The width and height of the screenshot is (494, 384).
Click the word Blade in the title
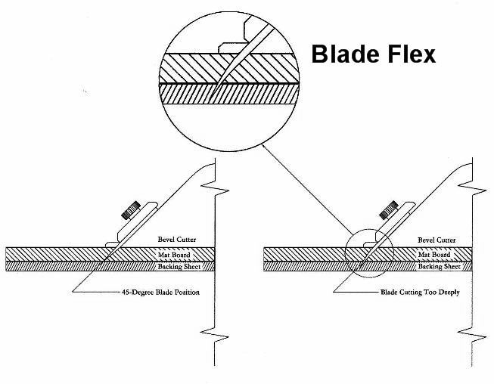pyautogui.click(x=346, y=54)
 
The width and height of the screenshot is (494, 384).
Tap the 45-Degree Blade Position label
pyautogui.click(x=160, y=293)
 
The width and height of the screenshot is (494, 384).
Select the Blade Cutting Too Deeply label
pyautogui.click(x=420, y=293)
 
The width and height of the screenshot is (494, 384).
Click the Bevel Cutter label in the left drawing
pyautogui.click(x=177, y=239)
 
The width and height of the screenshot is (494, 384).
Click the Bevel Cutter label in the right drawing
pyautogui.click(x=437, y=240)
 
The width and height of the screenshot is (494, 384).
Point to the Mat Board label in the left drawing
pyautogui.click(x=174, y=255)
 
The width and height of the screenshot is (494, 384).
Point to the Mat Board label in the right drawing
pyautogui.click(x=434, y=254)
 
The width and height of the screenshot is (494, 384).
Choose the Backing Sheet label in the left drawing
pyautogui.click(x=179, y=267)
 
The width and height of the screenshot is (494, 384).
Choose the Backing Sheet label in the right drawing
pyautogui.click(x=440, y=267)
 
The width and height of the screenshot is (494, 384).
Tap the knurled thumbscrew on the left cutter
pyautogui.click(x=131, y=210)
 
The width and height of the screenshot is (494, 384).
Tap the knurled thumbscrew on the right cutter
pyautogui.click(x=388, y=210)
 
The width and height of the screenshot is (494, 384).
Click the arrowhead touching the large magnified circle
pyautogui.click(x=264, y=147)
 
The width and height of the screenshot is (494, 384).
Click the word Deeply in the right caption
pyautogui.click(x=449, y=293)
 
